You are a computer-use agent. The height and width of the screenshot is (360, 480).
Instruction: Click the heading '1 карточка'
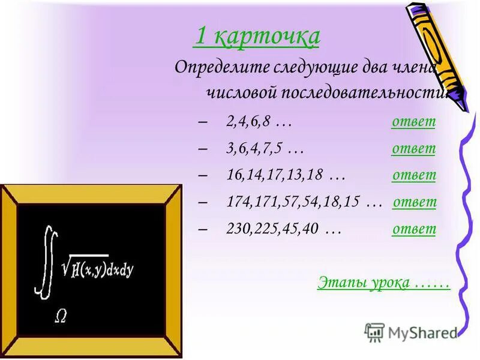tap(256, 38)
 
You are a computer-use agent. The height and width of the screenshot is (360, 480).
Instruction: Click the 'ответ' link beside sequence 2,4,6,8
tap(413, 122)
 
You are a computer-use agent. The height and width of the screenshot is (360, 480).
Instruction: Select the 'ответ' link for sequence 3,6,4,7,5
tap(413, 148)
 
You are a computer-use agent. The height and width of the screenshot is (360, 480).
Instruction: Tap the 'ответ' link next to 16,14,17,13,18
tap(414, 175)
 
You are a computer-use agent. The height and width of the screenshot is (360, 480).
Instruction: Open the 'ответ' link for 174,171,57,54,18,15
tap(415, 202)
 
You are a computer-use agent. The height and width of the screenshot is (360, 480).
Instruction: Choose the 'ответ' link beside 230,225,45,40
tap(414, 229)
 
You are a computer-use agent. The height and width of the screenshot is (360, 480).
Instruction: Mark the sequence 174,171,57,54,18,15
tap(295, 203)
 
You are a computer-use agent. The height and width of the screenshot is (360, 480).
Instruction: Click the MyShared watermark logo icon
tap(375, 332)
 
